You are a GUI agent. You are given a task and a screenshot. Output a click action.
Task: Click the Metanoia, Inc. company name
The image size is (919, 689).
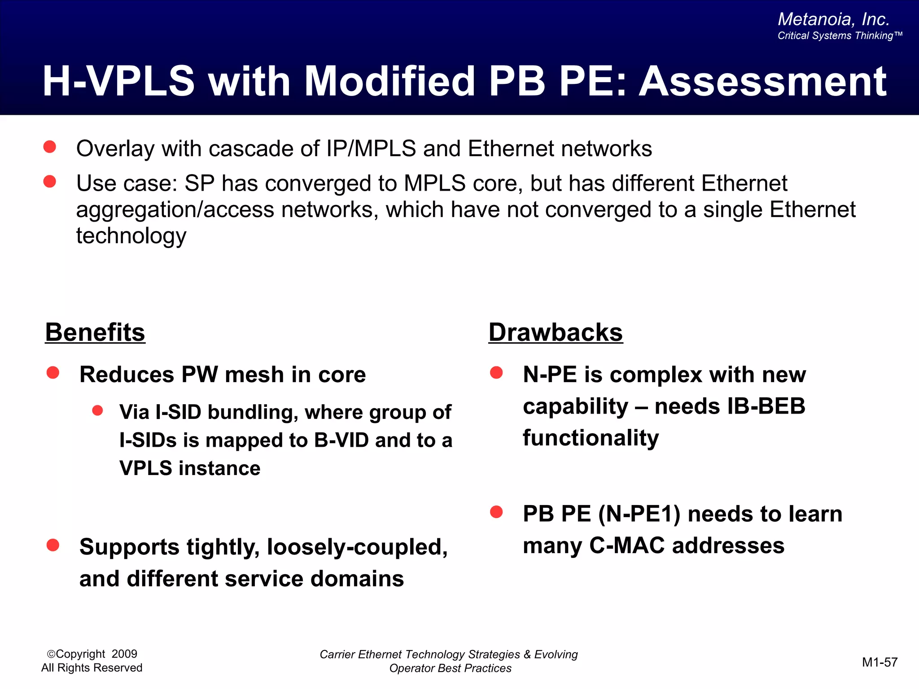coord(833,19)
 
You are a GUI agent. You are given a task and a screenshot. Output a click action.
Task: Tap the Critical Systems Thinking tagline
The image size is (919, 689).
coord(839,36)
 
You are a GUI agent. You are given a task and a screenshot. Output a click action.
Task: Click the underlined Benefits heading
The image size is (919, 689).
coord(95,332)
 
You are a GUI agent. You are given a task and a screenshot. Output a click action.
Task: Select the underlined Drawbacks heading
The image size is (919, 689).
coord(556,332)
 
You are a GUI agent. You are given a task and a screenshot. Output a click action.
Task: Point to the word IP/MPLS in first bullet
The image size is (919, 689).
coord(371,148)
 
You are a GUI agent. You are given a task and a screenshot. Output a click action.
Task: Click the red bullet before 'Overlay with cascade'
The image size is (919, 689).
coord(50,147)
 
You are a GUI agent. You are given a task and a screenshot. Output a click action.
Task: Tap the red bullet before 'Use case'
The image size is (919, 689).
coord(50,182)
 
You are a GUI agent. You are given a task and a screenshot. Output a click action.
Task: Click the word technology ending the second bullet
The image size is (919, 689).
coord(131,235)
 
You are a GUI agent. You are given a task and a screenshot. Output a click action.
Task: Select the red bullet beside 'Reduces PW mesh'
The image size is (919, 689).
coord(53,373)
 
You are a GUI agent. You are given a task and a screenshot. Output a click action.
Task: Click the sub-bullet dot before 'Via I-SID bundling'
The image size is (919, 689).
coord(97,410)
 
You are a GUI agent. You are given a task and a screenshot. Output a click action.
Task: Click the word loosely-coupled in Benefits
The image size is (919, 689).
coord(357,547)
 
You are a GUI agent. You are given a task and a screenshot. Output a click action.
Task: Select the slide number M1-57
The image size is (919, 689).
coord(880,662)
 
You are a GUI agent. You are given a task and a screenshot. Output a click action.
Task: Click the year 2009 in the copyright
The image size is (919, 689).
coord(124,654)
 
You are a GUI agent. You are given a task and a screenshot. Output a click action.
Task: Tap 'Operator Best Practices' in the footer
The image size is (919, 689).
coord(450,668)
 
